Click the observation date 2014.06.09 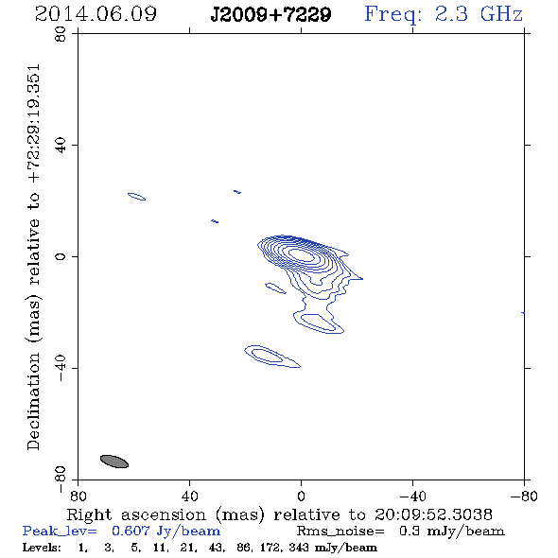[x=96, y=14]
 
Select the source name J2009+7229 [x=270, y=15]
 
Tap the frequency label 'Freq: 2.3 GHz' [x=444, y=15]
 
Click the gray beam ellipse [x=114, y=462]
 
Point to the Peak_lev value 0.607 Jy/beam [x=166, y=531]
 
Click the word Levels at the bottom [x=42, y=548]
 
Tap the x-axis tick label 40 [x=189, y=497]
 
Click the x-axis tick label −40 [x=412, y=497]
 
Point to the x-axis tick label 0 [x=301, y=497]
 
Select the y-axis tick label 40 [x=61, y=146]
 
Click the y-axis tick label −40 [x=61, y=368]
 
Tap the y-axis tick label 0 [x=61, y=256]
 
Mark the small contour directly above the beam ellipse [x=136, y=197]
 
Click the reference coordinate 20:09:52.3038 [x=433, y=514]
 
